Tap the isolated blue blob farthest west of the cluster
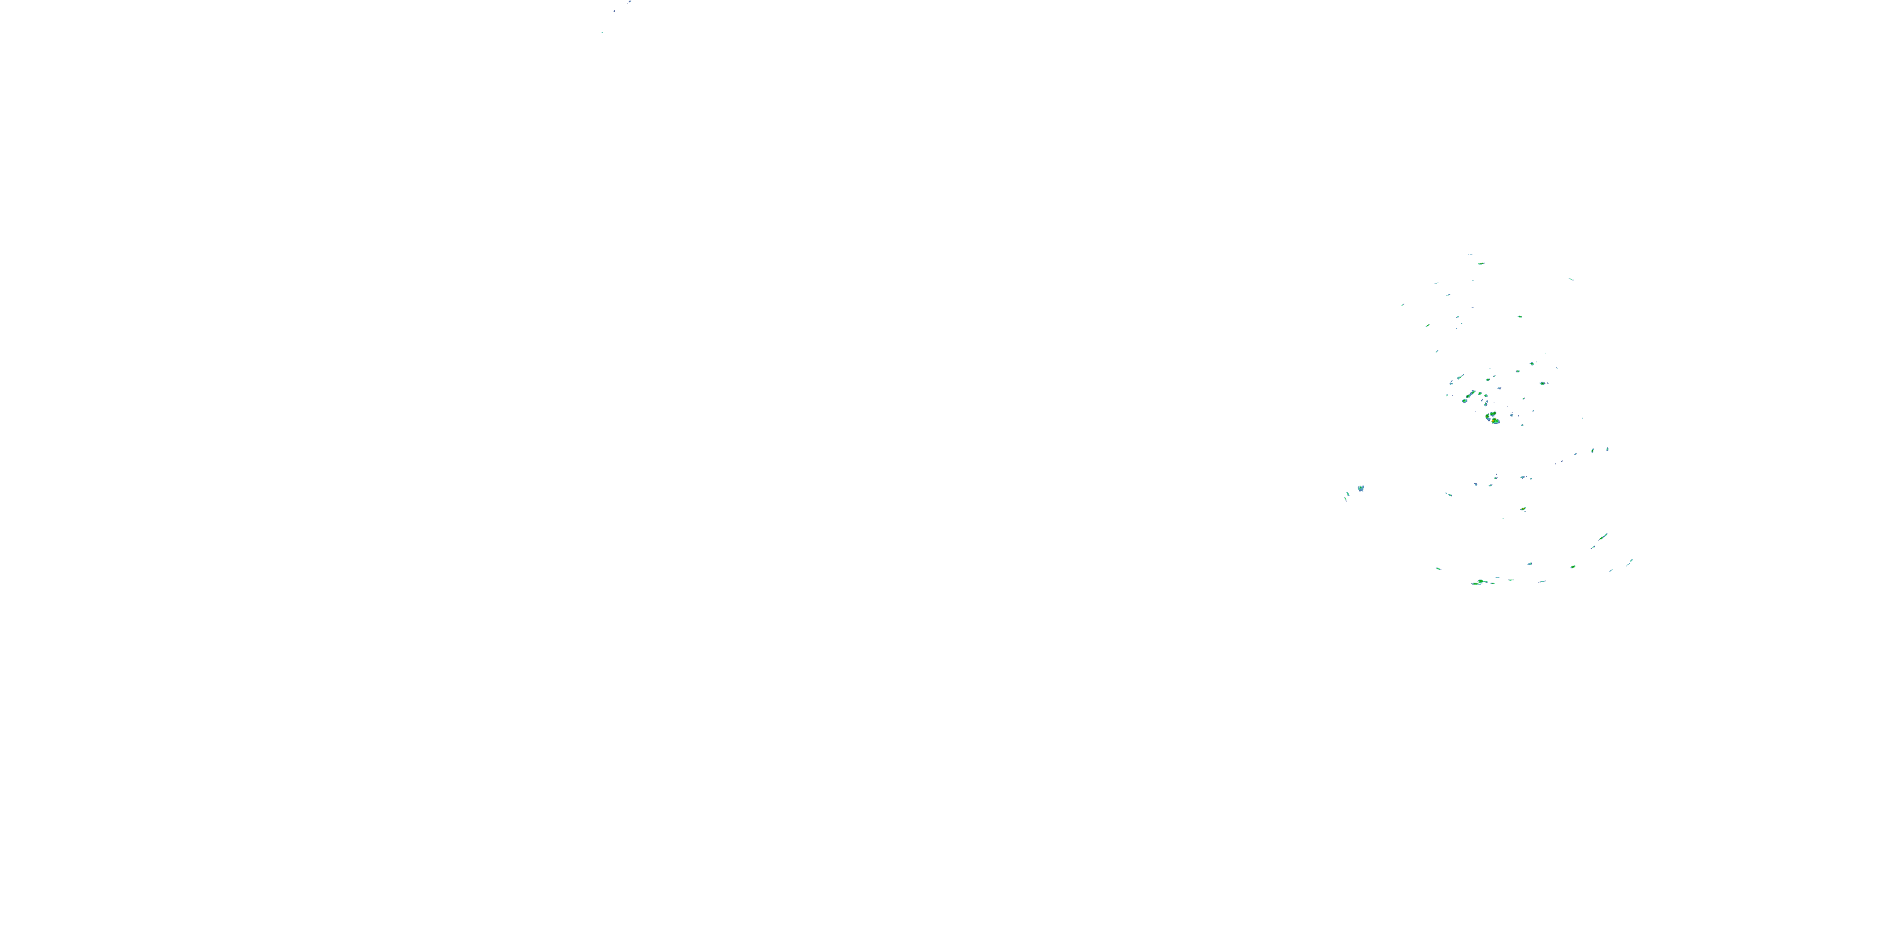click(1360, 488)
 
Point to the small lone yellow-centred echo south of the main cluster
click(1524, 508)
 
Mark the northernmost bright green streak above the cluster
click(1481, 263)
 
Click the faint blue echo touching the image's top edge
click(629, 2)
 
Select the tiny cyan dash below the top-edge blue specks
click(602, 32)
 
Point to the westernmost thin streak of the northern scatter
click(1402, 305)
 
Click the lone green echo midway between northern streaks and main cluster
click(1520, 316)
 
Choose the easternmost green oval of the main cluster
click(1543, 383)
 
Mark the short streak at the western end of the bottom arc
click(1439, 569)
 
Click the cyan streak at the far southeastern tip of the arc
click(1631, 561)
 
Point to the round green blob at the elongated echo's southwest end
click(1465, 401)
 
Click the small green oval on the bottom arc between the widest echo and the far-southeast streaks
click(1573, 566)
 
